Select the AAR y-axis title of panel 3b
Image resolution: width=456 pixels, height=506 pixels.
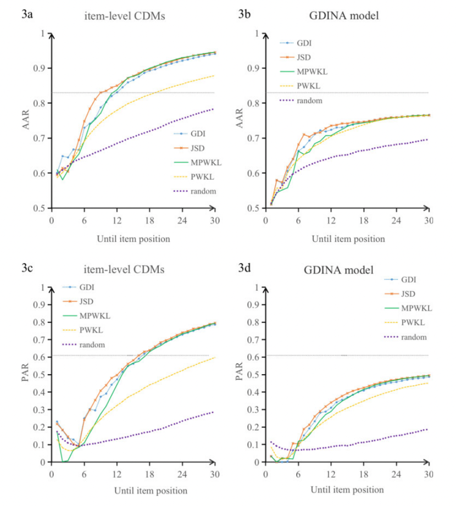[241, 121]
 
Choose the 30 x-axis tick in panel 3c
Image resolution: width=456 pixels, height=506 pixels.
[213, 474]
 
